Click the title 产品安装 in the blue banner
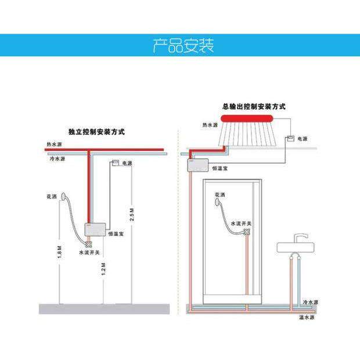point(183,45)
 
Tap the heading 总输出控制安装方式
point(254,107)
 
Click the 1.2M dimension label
point(103,272)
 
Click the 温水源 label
point(306,317)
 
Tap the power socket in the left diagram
point(115,163)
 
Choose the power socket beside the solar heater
point(289,139)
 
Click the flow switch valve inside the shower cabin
point(247,232)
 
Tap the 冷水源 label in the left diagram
point(56,158)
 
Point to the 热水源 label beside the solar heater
point(210,125)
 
